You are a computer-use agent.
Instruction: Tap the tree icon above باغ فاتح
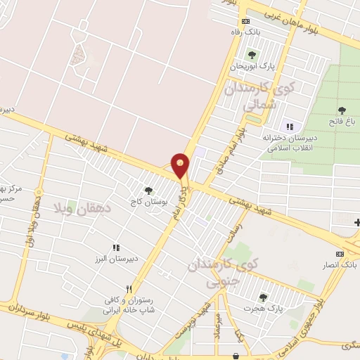[x=342, y=110]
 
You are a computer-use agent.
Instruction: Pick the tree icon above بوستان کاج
[x=148, y=190]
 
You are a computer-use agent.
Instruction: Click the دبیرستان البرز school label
[x=116, y=258]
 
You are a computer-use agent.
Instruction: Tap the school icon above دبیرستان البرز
[x=116, y=247]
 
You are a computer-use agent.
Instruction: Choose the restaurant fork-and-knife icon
[x=128, y=289]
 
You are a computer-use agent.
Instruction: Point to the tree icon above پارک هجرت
[x=263, y=297]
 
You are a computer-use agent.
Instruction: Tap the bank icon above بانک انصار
[x=340, y=254]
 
